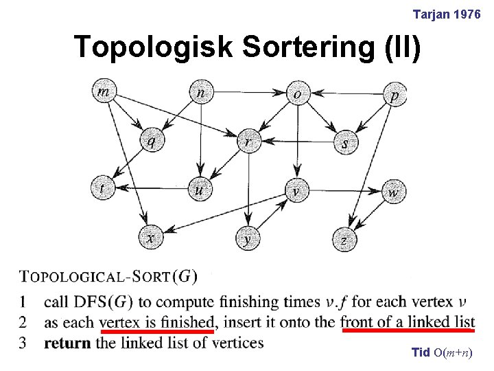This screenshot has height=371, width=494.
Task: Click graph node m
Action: tap(103, 92)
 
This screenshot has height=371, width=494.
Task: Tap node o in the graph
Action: tap(296, 94)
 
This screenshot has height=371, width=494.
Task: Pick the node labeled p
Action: tap(394, 94)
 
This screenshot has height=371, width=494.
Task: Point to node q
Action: tap(151, 141)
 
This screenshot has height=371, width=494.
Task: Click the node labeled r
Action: tap(248, 142)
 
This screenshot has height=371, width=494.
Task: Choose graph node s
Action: tap(344, 143)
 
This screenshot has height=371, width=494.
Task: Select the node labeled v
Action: tap(296, 190)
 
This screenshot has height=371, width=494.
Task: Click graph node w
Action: tap(392, 192)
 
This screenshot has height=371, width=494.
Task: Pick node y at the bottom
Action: tap(248, 238)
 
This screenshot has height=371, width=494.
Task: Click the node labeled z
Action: tap(344, 239)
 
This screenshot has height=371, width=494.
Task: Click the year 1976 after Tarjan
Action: tap(467, 14)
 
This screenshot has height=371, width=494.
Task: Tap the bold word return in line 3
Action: tap(67, 342)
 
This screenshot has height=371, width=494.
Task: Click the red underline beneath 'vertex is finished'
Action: tap(157, 330)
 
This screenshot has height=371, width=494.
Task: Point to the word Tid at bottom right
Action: tap(420, 352)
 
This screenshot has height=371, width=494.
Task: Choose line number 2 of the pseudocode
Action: tap(23, 322)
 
